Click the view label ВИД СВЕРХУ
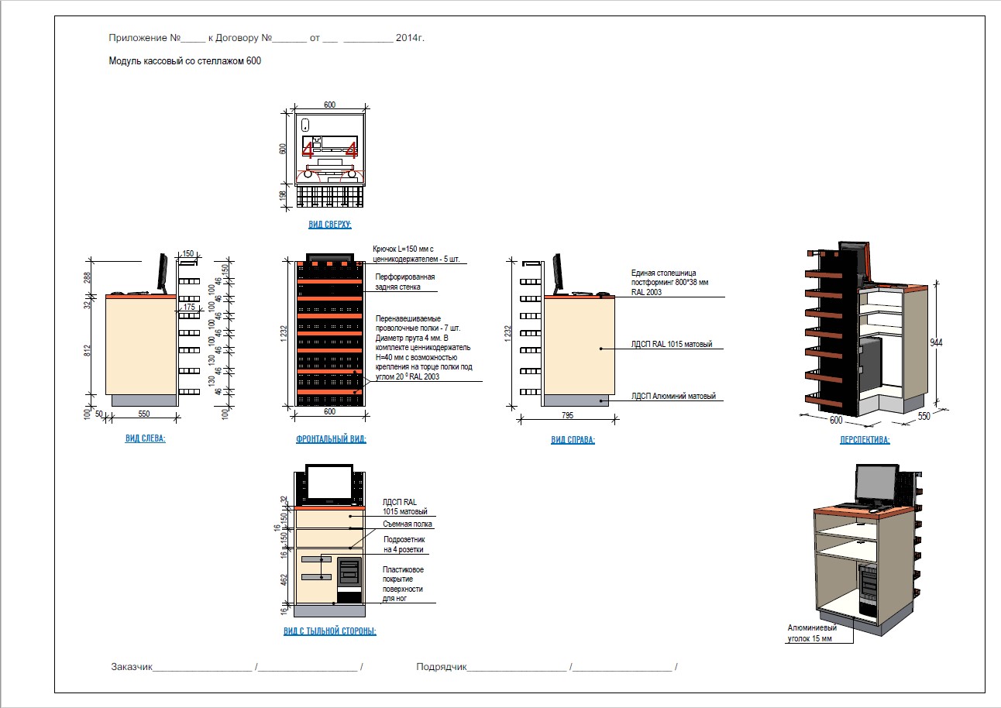tap(330, 225)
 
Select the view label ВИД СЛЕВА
tap(145, 438)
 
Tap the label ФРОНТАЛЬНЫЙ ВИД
tap(331, 439)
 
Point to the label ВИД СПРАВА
tap(573, 440)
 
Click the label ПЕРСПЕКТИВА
tap(865, 440)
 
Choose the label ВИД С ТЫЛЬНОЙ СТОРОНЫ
tap(330, 631)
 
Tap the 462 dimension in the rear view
tap(284, 578)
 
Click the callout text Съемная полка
tap(408, 524)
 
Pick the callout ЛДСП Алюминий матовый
tap(673, 397)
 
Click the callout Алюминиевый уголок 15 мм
tap(812, 633)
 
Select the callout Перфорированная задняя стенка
tap(404, 282)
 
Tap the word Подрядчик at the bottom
tap(441, 667)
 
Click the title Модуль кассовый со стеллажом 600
tap(184, 60)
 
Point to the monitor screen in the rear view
tap(330, 483)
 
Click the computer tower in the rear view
tap(349, 578)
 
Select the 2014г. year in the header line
tap(410, 37)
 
